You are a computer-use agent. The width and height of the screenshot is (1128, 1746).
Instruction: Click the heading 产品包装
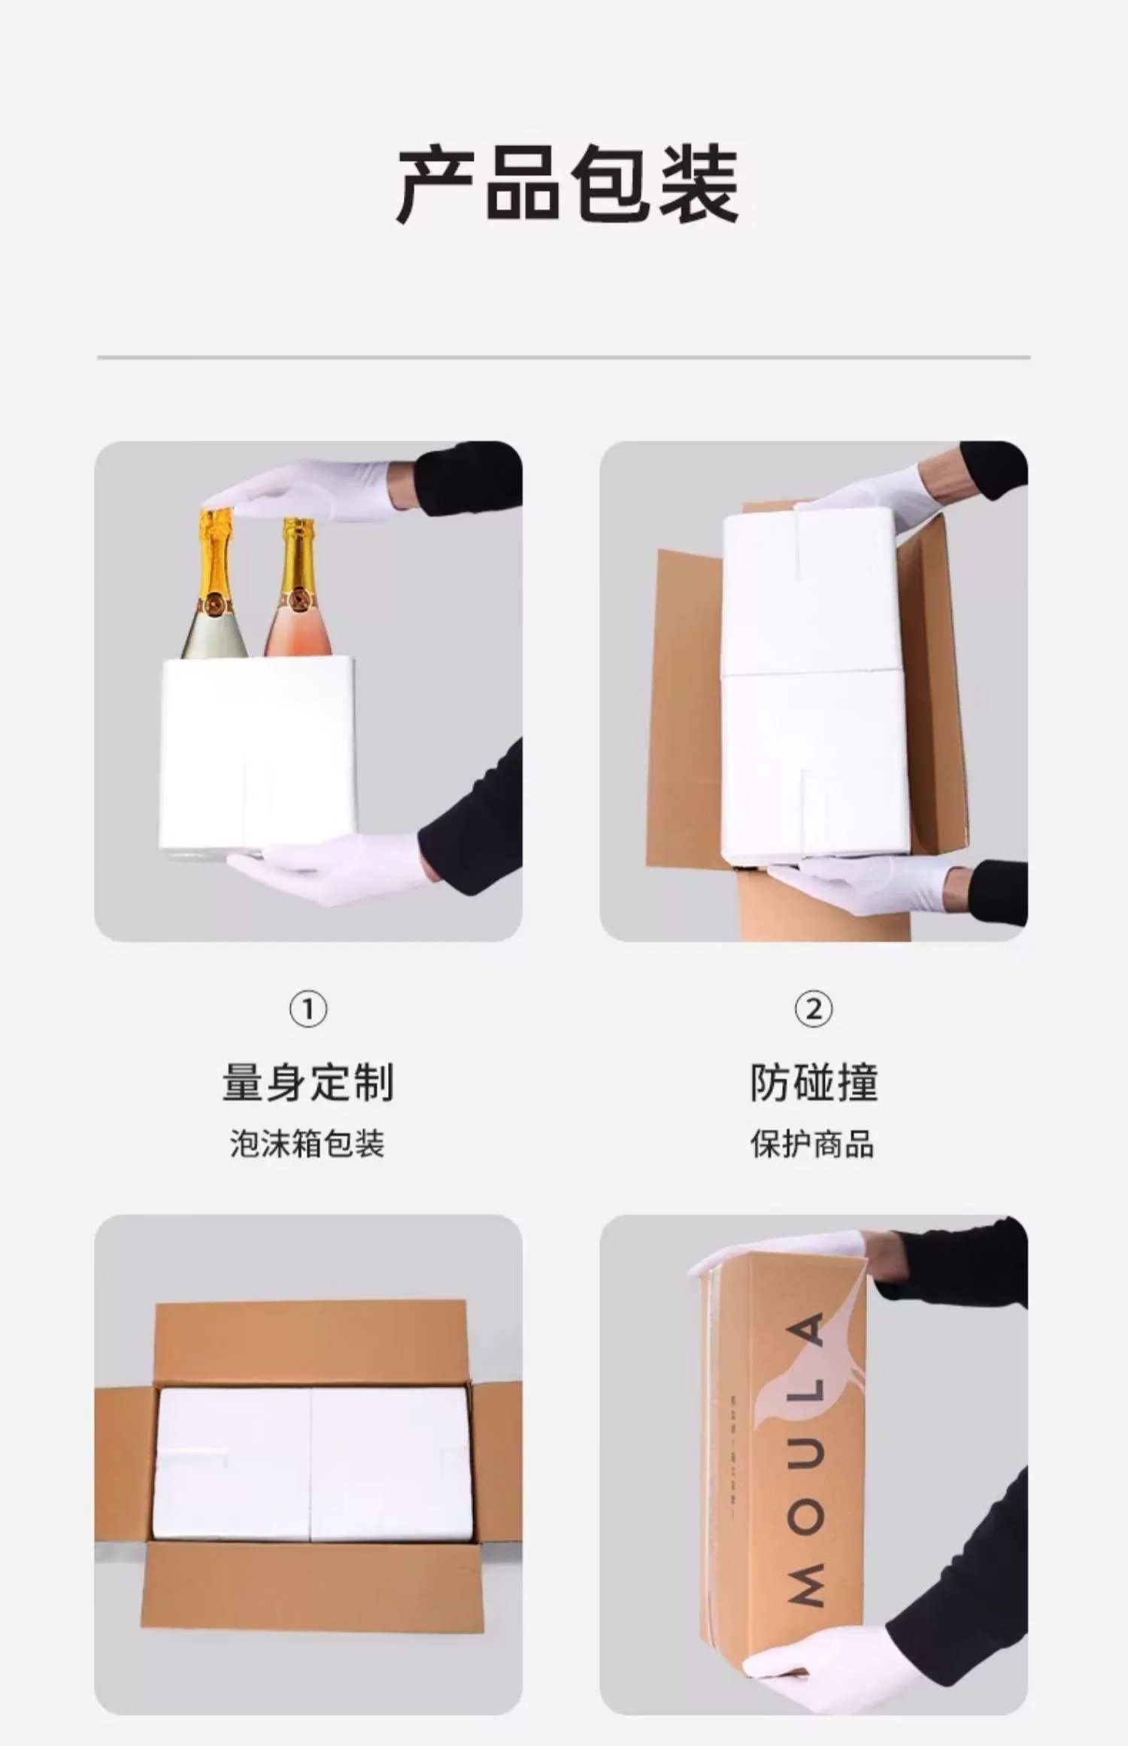point(568,185)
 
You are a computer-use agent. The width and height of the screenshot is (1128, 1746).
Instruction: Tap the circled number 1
point(308,1010)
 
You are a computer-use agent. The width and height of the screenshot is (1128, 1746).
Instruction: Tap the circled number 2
point(814,1009)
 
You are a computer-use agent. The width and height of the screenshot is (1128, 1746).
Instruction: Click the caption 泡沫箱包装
point(308,1145)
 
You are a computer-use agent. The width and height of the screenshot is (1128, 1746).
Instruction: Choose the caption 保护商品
point(813,1145)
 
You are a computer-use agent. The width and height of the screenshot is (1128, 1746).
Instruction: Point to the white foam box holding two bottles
point(258,752)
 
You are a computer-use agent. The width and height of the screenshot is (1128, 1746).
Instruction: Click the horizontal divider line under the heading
point(564,357)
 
